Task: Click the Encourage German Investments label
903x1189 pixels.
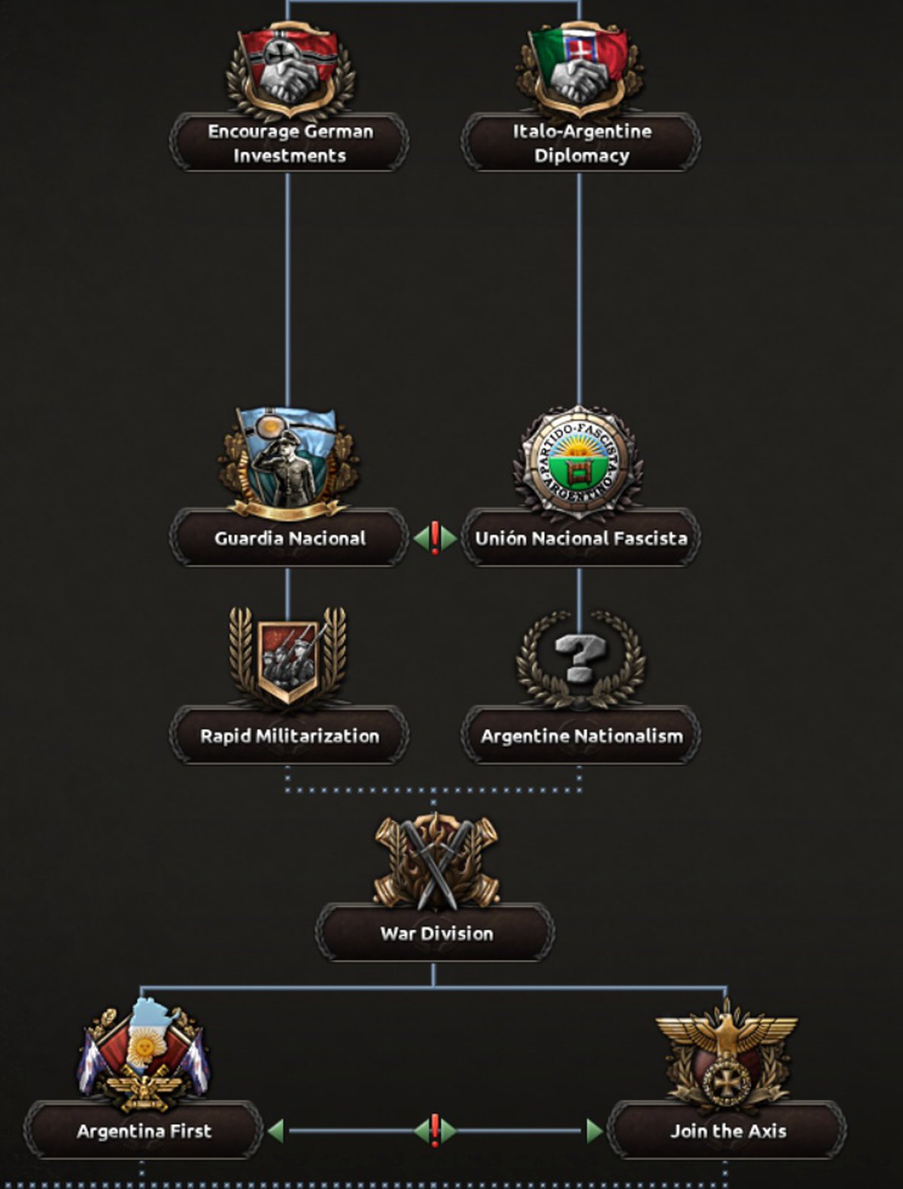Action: click(290, 143)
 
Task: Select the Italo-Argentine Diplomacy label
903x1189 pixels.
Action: click(581, 143)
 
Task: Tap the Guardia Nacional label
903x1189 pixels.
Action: click(290, 538)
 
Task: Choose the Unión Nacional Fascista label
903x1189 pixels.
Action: click(581, 538)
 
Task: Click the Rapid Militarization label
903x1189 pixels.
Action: click(290, 736)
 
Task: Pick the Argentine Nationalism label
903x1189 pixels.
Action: click(581, 736)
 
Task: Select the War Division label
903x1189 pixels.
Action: click(436, 934)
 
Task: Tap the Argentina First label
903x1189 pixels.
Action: click(144, 1131)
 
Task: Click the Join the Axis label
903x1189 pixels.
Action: click(727, 1131)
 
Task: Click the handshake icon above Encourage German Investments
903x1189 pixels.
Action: click(290, 72)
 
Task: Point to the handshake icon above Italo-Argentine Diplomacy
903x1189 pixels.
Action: click(579, 72)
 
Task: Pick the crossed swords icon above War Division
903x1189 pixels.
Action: click(436, 862)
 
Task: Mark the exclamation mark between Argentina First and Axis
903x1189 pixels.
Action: click(434, 1130)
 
